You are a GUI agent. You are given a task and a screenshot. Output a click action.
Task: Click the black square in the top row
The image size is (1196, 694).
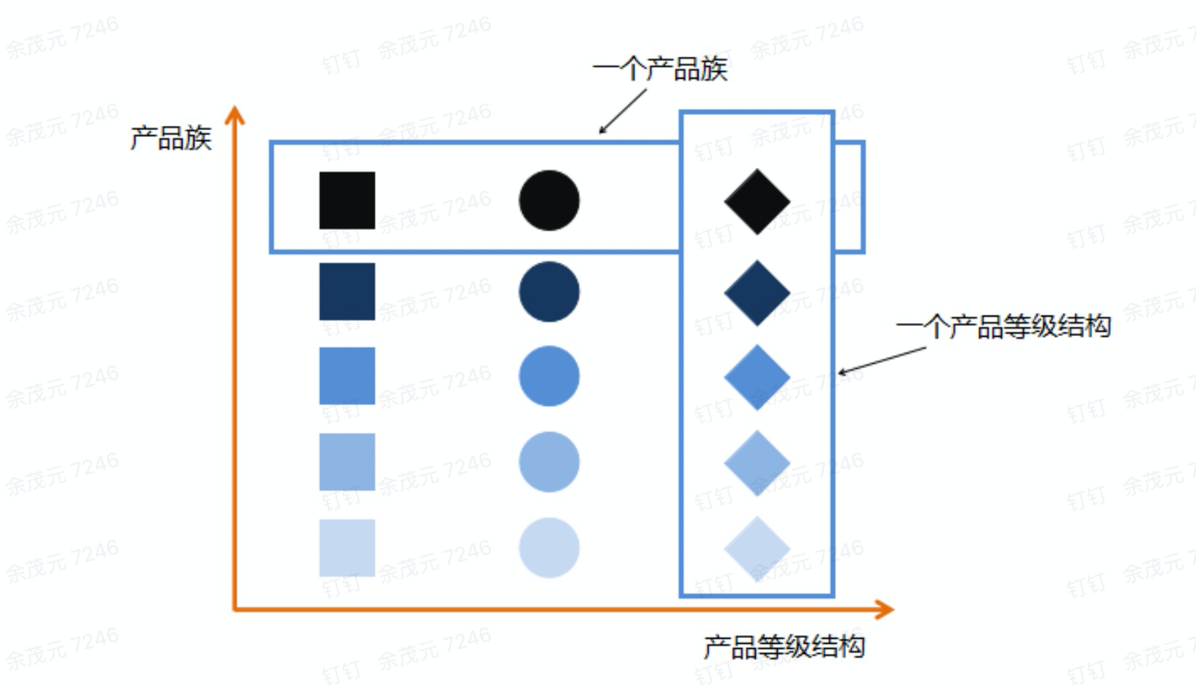click(x=347, y=201)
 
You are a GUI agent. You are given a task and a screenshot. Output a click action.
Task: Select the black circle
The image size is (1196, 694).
click(x=549, y=201)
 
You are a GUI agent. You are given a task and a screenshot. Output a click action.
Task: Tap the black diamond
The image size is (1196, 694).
click(x=757, y=202)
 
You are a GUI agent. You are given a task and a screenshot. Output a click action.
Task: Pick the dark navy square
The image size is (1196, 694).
click(x=347, y=292)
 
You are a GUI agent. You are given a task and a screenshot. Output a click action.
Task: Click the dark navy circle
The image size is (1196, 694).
click(x=549, y=292)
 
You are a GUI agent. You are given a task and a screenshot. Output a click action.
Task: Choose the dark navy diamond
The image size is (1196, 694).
click(x=757, y=292)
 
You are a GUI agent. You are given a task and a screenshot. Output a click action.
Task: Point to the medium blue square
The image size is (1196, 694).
click(x=347, y=376)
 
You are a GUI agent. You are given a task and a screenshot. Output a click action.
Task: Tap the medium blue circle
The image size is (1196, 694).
click(x=549, y=376)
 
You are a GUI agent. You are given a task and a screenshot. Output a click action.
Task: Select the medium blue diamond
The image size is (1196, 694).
click(x=757, y=377)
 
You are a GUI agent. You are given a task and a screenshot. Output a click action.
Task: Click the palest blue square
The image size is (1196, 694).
click(x=347, y=548)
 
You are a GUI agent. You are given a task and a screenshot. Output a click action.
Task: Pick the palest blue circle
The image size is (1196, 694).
click(x=549, y=548)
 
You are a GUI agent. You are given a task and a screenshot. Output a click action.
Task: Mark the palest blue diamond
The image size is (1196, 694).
click(x=757, y=549)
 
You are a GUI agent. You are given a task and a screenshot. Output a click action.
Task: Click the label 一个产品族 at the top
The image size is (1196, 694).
click(x=660, y=69)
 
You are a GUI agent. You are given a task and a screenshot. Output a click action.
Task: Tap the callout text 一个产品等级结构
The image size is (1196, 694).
click(x=1003, y=326)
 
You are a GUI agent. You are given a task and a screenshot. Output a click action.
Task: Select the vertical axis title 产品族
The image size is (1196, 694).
click(x=171, y=137)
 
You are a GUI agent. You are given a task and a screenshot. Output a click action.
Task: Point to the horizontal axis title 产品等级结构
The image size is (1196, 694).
click(x=784, y=647)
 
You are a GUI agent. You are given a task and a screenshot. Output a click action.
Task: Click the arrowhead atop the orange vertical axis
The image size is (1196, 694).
click(x=234, y=115)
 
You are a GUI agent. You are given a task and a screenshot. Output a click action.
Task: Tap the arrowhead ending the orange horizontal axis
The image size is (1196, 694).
click(x=885, y=610)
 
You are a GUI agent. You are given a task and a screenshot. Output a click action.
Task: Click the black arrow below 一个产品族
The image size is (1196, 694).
click(x=622, y=111)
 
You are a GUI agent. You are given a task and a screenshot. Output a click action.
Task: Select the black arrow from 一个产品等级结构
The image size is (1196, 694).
click(x=882, y=360)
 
